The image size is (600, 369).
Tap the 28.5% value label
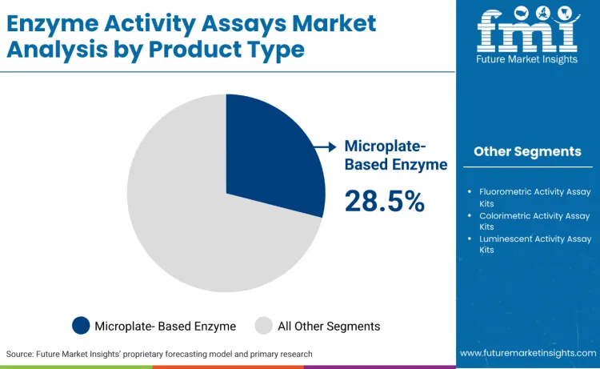pyautogui.click(x=384, y=202)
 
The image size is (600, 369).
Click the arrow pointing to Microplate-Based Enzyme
pyautogui.click(x=325, y=146)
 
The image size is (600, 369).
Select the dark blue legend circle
pyautogui.click(x=81, y=326)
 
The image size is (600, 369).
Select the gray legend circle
pyautogui.click(x=263, y=326)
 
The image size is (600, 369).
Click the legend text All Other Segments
pyautogui.click(x=328, y=326)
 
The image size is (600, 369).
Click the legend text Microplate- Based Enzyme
pyautogui.click(x=165, y=326)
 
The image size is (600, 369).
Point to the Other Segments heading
pyautogui.click(x=527, y=151)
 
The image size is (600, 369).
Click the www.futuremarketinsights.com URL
pyautogui.click(x=527, y=353)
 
